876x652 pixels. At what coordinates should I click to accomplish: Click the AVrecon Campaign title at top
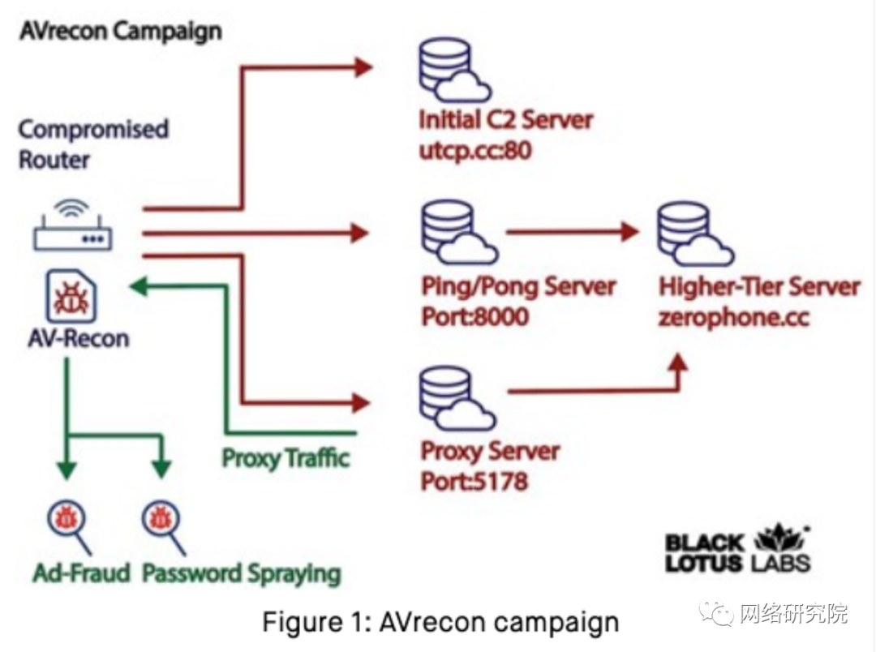[x=119, y=32]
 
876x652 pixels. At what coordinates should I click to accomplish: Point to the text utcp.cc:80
[x=475, y=150]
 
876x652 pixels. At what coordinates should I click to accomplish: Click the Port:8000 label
[x=474, y=315]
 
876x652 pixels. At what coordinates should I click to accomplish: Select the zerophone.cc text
[x=733, y=315]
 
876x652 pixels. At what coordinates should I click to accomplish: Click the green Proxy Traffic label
[x=286, y=458]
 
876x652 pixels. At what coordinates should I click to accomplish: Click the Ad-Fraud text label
[x=81, y=573]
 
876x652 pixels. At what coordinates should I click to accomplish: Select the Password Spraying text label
[x=242, y=573]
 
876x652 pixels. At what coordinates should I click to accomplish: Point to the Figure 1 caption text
[x=440, y=622]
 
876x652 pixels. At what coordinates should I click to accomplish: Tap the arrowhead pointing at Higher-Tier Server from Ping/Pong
[x=629, y=232]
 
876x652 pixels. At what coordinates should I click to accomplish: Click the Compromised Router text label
[x=93, y=144]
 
